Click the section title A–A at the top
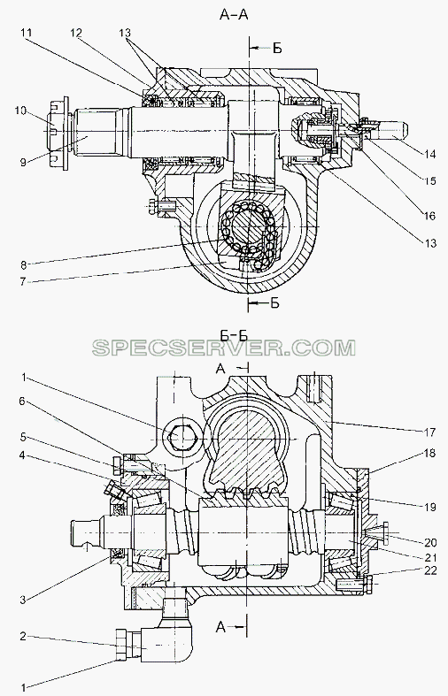coord(234,14)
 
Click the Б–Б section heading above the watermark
coord(234,335)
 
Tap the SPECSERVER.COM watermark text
coord(224,348)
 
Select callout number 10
coord(20,111)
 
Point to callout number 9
coord(23,163)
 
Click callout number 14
coord(429,155)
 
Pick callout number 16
coord(429,216)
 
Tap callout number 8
coord(23,265)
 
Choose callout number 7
coord(23,281)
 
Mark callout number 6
coord(23,401)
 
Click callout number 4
coord(23,455)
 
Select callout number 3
coord(23,600)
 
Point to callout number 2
coord(23,637)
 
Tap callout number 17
coord(429,431)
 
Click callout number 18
coord(429,454)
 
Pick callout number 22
coord(430,570)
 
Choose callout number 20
coord(430,542)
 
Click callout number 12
coord(76,33)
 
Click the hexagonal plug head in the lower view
coord(180,437)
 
